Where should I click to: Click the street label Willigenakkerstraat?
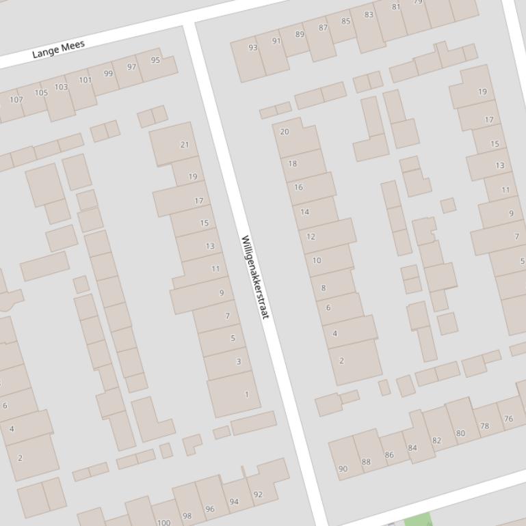(x=255, y=277)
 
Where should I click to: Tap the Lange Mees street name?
(x=59, y=49)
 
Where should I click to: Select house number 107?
(x=16, y=100)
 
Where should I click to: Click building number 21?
(x=184, y=144)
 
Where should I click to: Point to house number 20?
(x=285, y=132)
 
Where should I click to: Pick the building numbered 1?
(x=247, y=394)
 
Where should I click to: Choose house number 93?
(x=253, y=47)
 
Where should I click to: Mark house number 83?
(x=369, y=14)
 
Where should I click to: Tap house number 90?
(x=343, y=469)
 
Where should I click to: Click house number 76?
(x=508, y=419)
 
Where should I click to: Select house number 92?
(x=258, y=495)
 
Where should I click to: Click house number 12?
(x=311, y=237)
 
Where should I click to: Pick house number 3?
(x=238, y=361)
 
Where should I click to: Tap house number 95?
(x=155, y=60)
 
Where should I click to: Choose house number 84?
(x=412, y=448)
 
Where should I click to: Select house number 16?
(x=298, y=187)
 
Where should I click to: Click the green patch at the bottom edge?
(x=418, y=521)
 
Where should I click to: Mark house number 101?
(x=85, y=80)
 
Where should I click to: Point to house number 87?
(x=324, y=28)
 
